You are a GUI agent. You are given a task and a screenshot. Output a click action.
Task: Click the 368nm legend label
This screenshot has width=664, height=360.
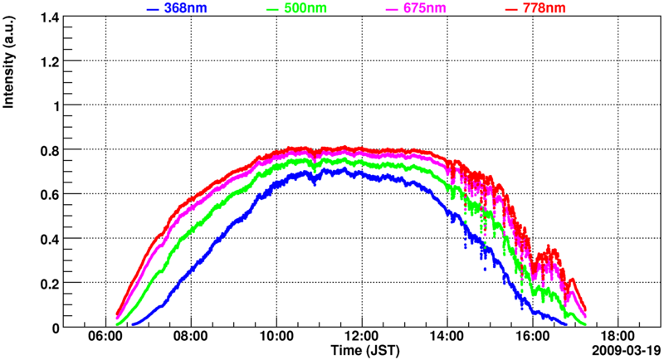tap(187, 8)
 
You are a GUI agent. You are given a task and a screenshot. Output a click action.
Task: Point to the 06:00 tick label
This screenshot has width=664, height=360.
tap(105, 337)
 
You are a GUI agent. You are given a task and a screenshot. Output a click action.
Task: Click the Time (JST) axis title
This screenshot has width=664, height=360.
tap(362, 351)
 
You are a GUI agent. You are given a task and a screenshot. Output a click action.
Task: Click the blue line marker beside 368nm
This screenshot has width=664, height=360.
tap(152, 9)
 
